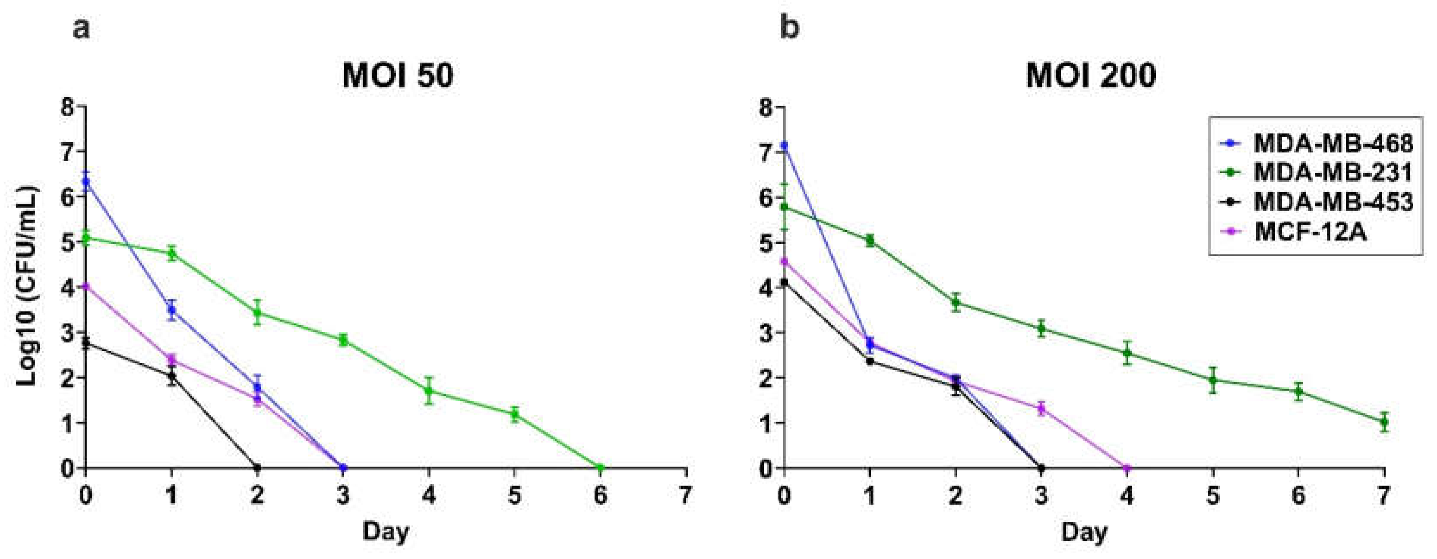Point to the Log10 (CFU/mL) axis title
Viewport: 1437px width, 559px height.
point(27,286)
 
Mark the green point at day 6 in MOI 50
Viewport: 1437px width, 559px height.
point(600,467)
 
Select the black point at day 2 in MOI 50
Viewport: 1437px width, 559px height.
point(257,467)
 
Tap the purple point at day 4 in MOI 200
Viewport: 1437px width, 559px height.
point(1127,467)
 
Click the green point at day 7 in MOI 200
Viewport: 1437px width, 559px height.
point(1384,422)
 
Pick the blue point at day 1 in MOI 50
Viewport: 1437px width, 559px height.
point(172,310)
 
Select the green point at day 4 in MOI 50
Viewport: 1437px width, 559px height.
point(429,391)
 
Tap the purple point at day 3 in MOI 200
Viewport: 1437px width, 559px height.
point(1041,408)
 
